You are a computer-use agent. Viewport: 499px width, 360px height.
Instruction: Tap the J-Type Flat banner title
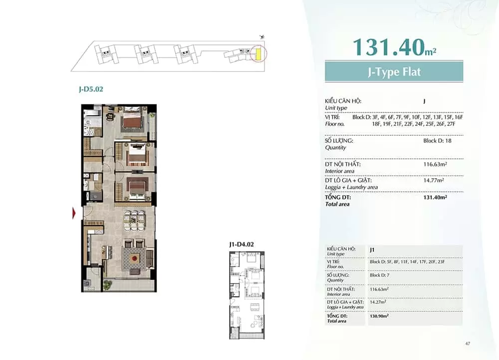(394, 72)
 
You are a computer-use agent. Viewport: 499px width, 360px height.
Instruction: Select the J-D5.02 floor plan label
(91, 89)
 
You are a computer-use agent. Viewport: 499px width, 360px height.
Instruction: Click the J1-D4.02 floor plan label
(242, 245)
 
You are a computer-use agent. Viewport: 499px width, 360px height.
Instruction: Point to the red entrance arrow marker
(74, 213)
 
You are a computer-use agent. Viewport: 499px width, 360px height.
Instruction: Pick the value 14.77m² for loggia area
(434, 180)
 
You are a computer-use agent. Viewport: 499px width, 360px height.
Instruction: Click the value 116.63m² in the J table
(435, 164)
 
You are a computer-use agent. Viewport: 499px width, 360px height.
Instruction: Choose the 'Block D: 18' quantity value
(437, 141)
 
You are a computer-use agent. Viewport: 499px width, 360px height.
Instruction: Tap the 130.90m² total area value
(379, 316)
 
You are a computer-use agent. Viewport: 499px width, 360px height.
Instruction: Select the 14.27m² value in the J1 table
(378, 302)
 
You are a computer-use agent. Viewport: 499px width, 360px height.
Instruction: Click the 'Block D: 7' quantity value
(379, 275)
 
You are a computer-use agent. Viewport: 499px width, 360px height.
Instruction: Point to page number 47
(468, 344)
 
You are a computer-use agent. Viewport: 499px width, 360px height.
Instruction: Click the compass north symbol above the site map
(262, 37)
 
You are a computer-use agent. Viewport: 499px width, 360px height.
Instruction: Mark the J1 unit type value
(372, 250)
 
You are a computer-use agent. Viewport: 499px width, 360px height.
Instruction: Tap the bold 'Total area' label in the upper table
(337, 204)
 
